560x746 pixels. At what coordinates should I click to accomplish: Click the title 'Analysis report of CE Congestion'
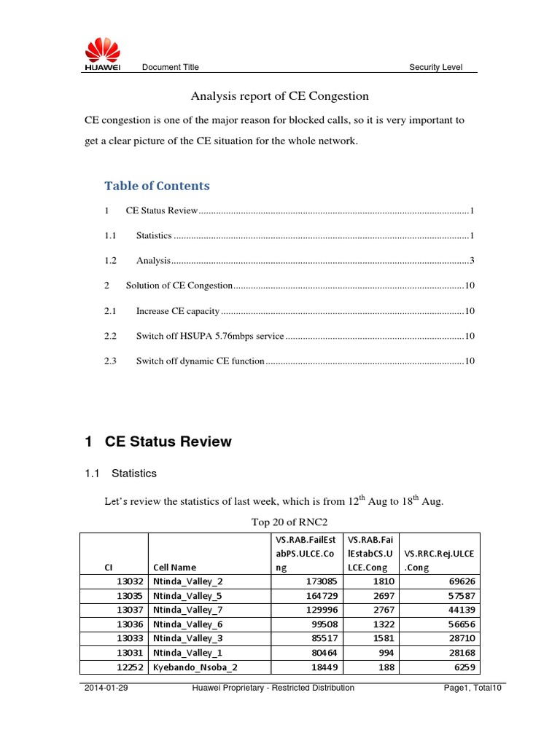279,96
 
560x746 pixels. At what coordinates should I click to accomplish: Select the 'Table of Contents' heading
157,186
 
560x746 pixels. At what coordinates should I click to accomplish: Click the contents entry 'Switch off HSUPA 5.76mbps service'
209,336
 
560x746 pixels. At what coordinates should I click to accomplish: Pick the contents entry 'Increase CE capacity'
178,311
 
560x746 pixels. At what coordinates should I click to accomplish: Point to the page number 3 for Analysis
472,261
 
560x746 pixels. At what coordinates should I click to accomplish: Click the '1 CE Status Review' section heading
158,441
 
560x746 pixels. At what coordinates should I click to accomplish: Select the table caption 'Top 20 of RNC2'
279,522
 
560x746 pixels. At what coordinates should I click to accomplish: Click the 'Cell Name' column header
174,568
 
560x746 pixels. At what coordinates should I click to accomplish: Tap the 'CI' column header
108,568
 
